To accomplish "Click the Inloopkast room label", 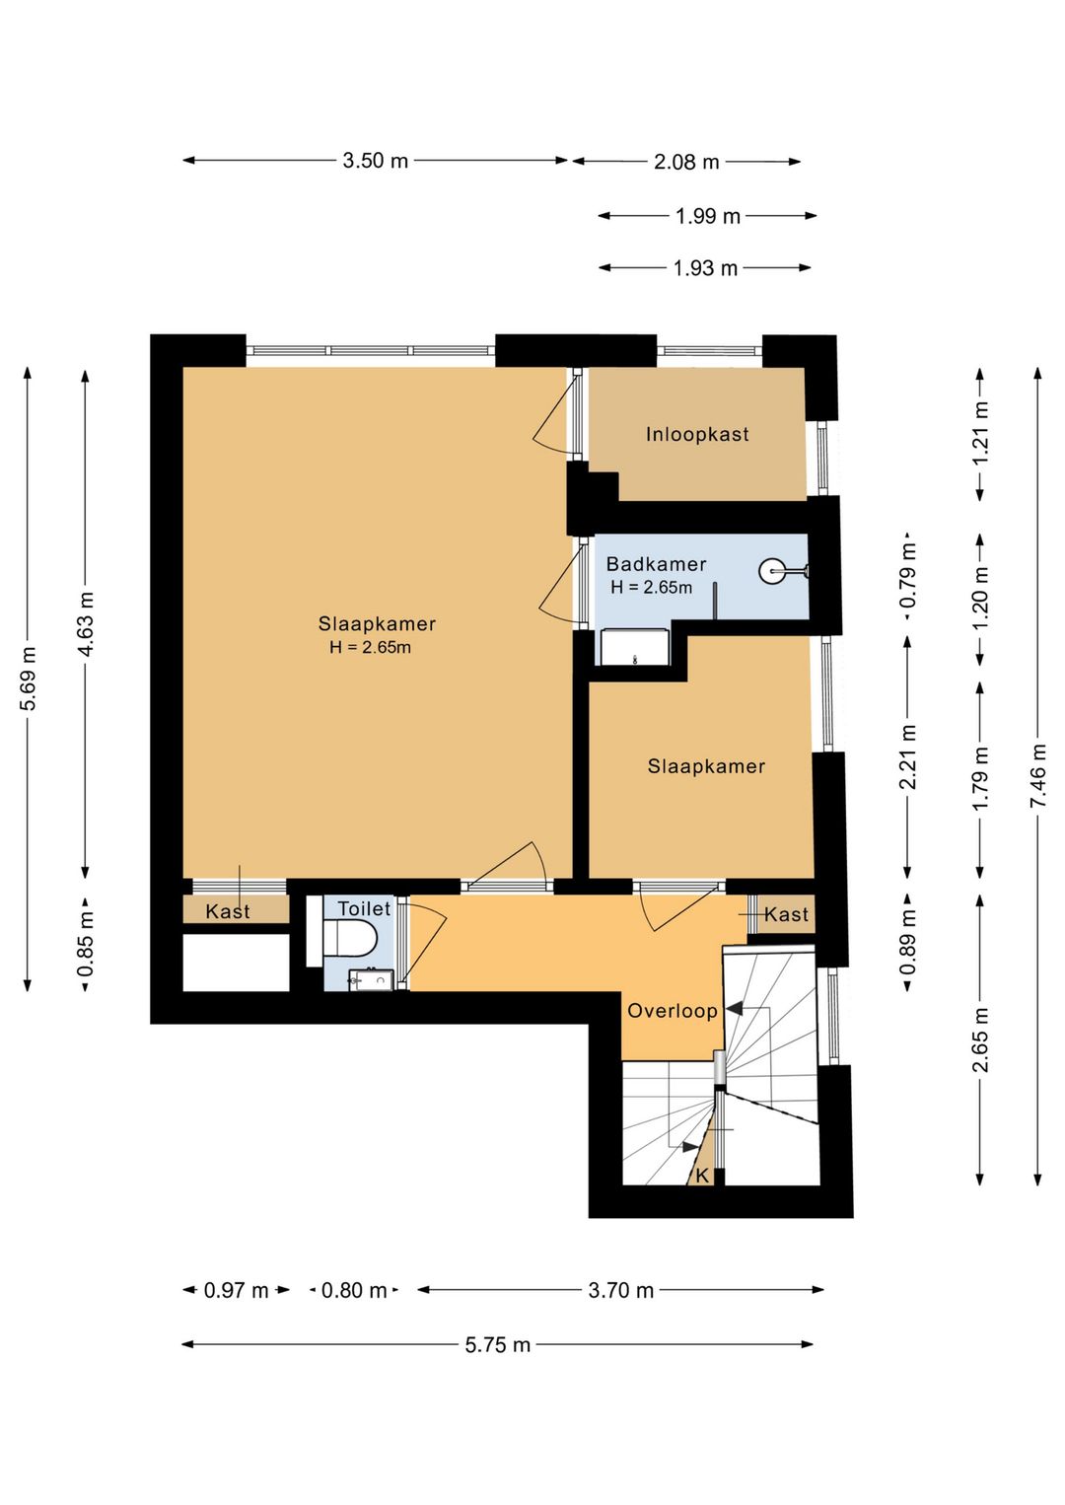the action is (697, 434).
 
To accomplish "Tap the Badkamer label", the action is (656, 564).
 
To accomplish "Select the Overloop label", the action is (672, 1011).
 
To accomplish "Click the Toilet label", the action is (364, 908).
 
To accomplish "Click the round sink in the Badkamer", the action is (772, 571).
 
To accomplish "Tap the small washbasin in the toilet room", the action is (371, 980).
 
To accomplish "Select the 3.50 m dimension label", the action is (375, 161).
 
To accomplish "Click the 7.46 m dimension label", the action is (1038, 776).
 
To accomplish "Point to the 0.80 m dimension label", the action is (354, 1290).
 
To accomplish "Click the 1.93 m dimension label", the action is (705, 268).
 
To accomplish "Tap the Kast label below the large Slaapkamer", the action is (227, 911).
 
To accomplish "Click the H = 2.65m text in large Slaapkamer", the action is (370, 648).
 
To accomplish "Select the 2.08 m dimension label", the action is (686, 162).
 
